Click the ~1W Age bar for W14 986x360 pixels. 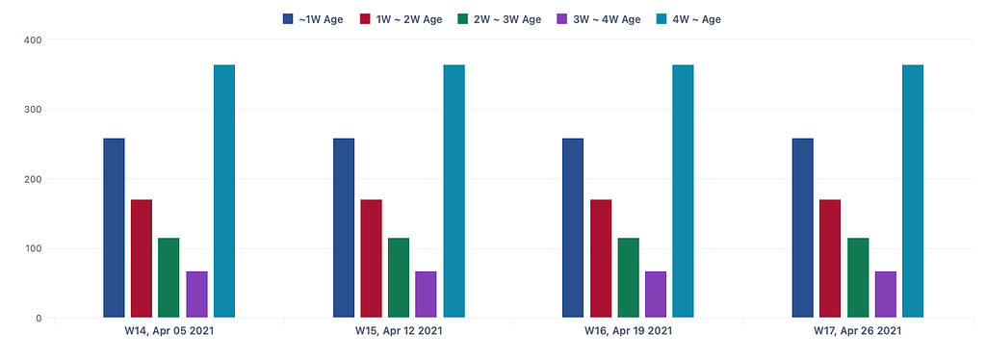pos(114,228)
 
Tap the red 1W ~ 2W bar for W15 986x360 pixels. pos(372,258)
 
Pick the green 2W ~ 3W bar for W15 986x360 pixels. pos(399,277)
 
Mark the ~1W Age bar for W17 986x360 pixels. pos(802,228)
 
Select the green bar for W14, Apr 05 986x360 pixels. pos(169,277)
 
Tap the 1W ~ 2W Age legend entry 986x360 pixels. pos(401,19)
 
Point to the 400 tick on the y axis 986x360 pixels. pos(33,39)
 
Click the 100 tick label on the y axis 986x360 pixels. pos(33,248)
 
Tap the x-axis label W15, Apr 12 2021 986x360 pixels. pos(399,332)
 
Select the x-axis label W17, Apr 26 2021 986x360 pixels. pos(857,332)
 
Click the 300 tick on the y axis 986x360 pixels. pos(33,110)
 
